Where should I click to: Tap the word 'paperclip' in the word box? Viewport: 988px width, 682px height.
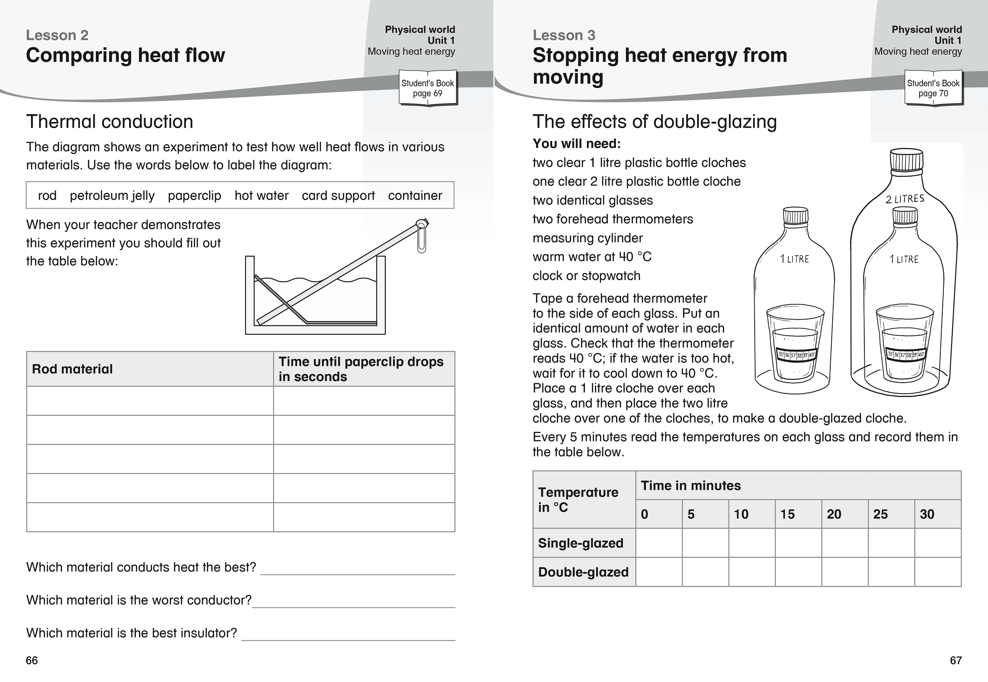pos(194,196)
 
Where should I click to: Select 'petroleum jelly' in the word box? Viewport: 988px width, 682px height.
pos(112,196)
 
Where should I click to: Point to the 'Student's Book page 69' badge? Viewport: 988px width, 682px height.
pos(428,88)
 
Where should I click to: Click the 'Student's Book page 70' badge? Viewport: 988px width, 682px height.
pos(933,88)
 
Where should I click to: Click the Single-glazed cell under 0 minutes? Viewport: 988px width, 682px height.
pos(659,543)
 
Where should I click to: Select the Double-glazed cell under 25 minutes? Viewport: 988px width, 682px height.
pos(891,572)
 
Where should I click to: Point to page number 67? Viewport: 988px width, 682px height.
pos(956,661)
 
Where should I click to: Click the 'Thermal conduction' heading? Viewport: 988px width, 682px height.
pos(110,122)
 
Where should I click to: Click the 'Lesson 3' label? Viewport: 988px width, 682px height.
pos(564,35)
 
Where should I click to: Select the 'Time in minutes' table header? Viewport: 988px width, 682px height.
pos(691,485)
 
